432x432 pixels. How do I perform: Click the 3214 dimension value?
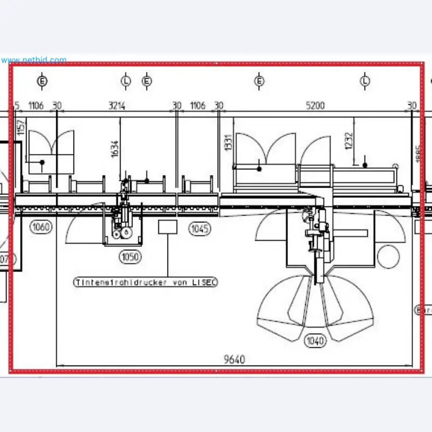coord(116,106)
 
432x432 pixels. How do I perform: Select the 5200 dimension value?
coord(314,106)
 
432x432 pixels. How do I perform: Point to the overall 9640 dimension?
coord(234,359)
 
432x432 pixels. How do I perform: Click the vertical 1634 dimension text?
coord(115,148)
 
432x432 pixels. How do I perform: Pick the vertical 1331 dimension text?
coord(228,142)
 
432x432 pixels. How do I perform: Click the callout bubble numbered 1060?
coord(41,228)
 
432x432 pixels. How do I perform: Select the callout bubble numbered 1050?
coord(130,257)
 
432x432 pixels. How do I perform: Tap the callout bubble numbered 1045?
coord(200,228)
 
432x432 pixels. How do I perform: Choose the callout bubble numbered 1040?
coord(316,340)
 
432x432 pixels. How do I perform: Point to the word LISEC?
coord(205,282)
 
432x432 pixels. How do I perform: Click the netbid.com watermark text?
coord(34,60)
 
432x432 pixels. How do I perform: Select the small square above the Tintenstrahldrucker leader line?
coord(168,227)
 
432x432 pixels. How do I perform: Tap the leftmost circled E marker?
coord(42,81)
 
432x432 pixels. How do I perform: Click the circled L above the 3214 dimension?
coord(126,81)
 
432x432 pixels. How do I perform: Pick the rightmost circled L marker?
coord(366,81)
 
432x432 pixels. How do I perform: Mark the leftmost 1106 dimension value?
coord(36,106)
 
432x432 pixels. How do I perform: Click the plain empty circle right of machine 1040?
coord(388,256)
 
